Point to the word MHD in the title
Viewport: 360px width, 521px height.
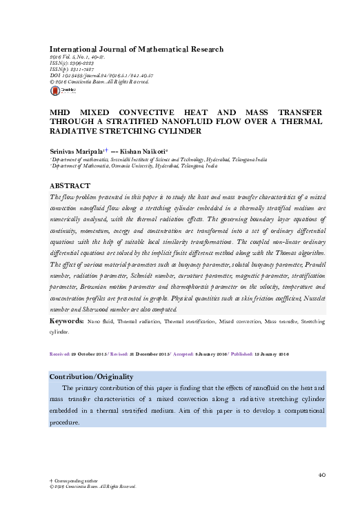[x=60, y=111]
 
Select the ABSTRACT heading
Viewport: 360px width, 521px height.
[x=70, y=186]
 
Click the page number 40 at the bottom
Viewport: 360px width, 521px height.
[x=321, y=474]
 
